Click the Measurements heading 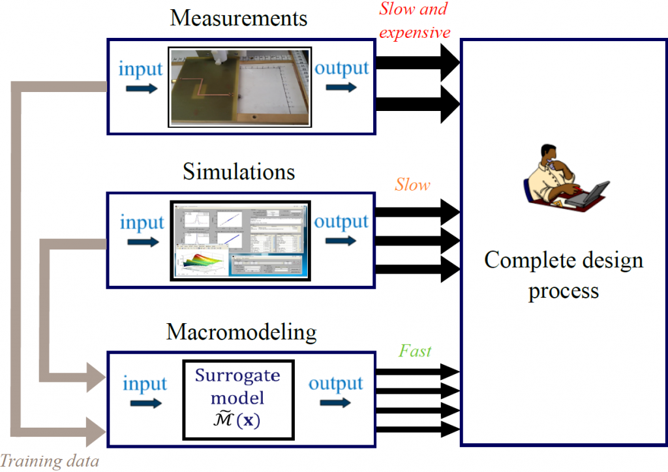point(238,18)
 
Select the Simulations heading point(238,172)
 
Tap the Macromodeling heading point(241,332)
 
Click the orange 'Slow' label point(413,185)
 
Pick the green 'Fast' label point(416,351)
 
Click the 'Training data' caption point(50,462)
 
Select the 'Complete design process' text point(564,274)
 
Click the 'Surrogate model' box point(237,398)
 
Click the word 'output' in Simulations point(341,221)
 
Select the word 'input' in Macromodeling point(145,383)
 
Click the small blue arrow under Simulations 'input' point(142,242)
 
